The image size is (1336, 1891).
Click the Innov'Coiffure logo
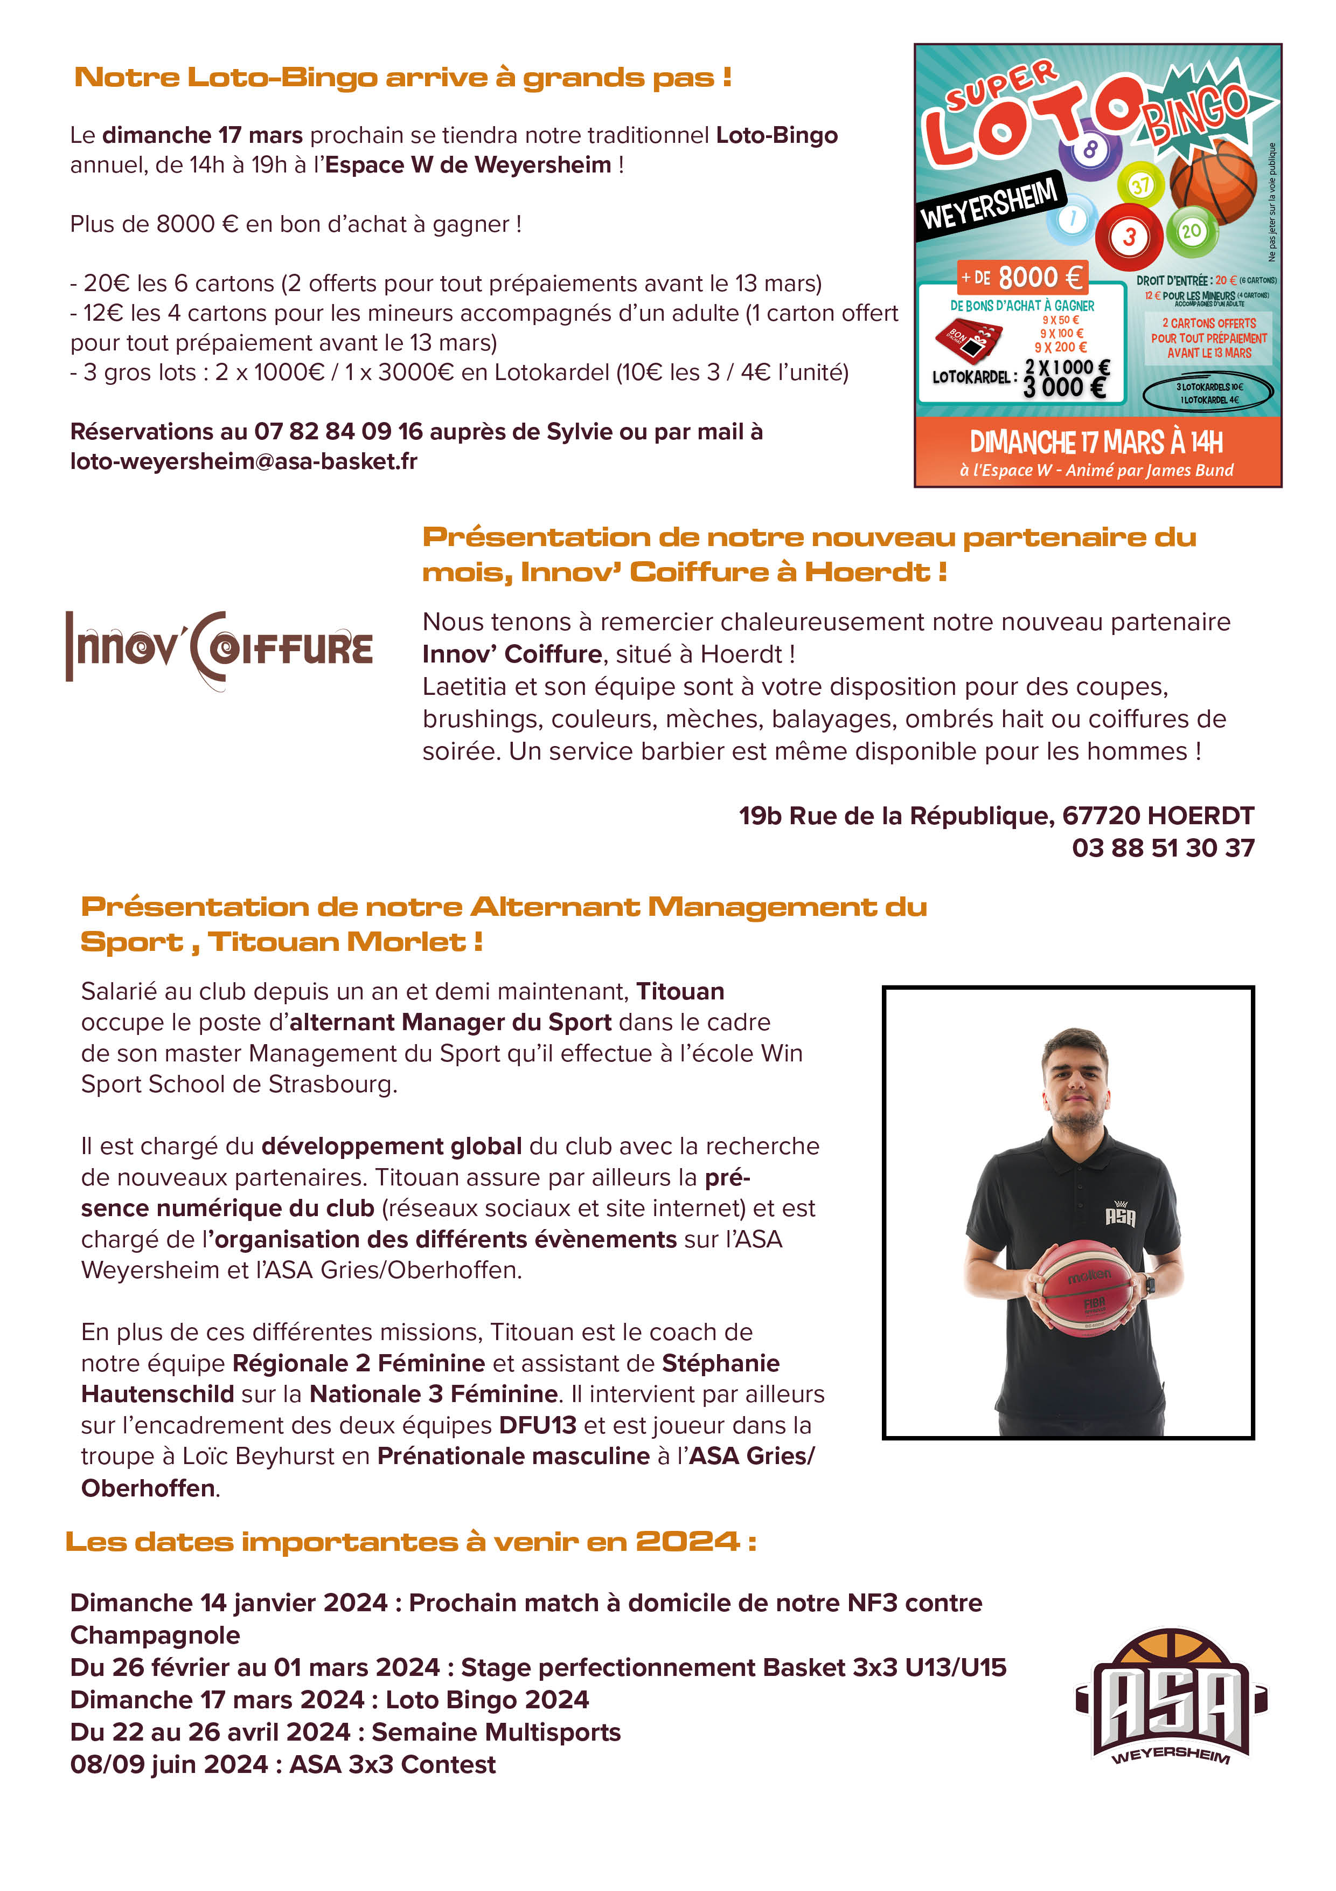pos(219,649)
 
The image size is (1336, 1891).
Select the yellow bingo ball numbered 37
pos(1140,185)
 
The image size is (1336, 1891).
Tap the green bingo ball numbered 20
pos(1191,231)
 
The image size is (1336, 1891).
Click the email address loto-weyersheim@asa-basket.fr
pos(243,461)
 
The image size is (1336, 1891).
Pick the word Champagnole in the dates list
pos(155,1635)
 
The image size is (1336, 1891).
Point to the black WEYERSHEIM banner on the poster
pos(990,203)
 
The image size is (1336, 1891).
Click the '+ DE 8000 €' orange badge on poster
pos(1021,278)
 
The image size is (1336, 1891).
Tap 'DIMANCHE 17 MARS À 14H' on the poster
pos(1096,442)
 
